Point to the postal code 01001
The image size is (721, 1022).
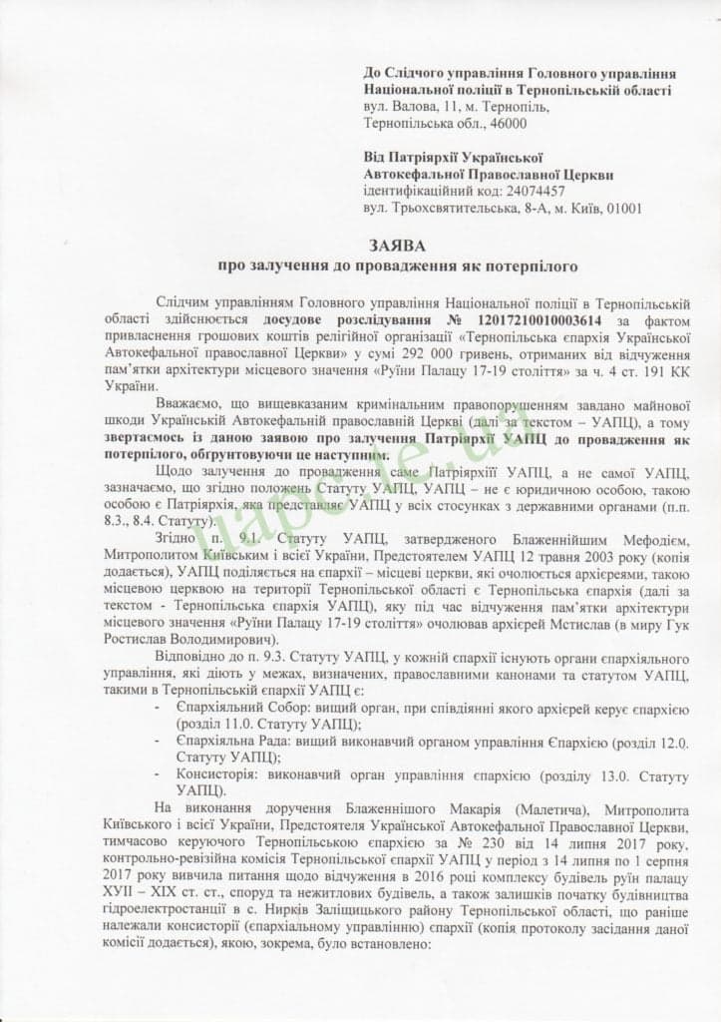click(x=621, y=208)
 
